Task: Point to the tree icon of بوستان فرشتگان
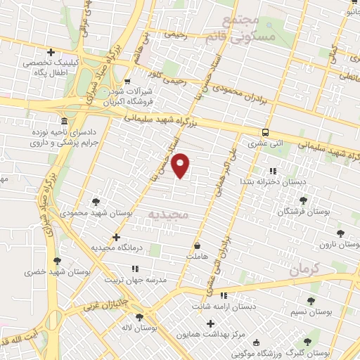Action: click(303, 200)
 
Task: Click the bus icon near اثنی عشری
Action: click(265, 132)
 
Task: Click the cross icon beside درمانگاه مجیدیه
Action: click(116, 238)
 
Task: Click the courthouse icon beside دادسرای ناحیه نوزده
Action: click(64, 120)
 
